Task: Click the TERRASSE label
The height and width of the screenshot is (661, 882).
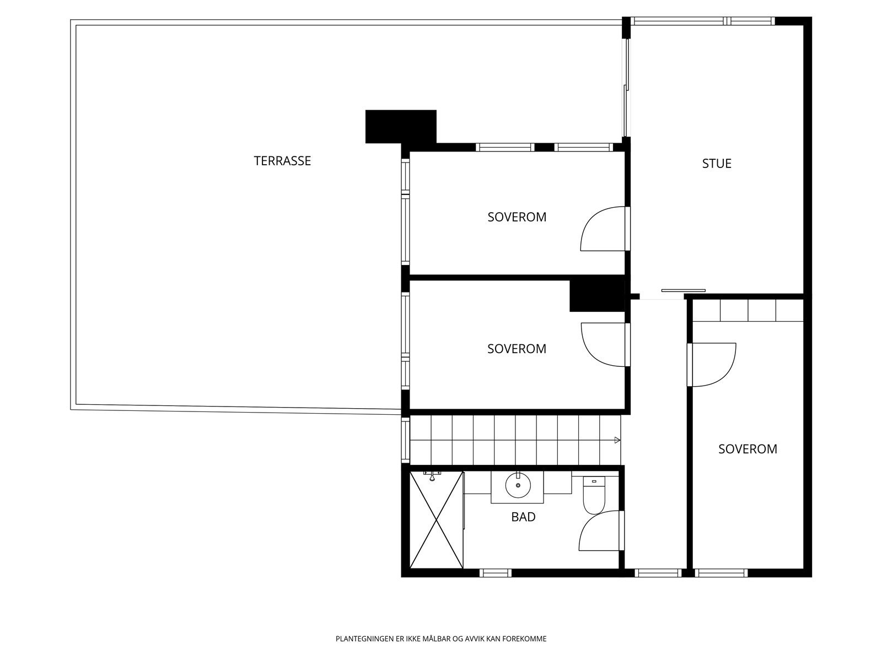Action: pos(282,161)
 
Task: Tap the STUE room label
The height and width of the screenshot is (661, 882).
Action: pos(717,164)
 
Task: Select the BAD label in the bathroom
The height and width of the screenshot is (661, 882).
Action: pos(523,517)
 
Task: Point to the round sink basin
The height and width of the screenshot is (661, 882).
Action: pos(518,485)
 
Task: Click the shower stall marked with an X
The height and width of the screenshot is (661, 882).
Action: pos(436,519)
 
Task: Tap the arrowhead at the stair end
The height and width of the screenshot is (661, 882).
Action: pos(617,440)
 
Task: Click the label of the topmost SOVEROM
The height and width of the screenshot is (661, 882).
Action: pos(517,217)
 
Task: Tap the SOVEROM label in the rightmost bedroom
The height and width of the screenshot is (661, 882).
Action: pos(747,449)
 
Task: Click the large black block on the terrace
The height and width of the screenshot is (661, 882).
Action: pos(401,127)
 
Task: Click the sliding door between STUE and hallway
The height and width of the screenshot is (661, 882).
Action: pos(683,290)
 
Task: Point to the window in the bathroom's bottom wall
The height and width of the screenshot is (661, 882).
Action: pos(496,573)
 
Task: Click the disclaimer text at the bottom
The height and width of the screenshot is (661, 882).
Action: pos(441,639)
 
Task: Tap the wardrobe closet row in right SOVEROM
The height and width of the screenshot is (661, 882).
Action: pos(748,310)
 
